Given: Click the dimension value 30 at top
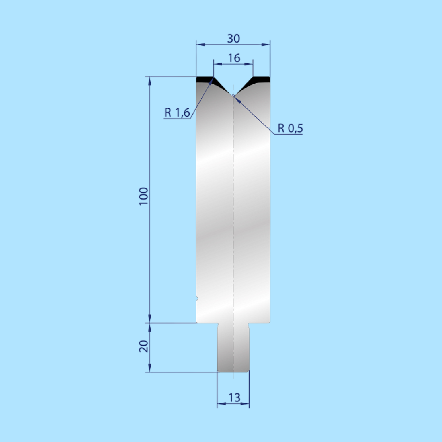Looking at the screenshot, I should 233,39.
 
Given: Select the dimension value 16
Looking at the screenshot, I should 234,58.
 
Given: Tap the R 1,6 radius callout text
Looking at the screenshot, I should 177,113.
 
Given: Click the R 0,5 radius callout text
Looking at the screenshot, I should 290,129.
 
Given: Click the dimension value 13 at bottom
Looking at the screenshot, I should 234,398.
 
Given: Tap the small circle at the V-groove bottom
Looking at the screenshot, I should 233,96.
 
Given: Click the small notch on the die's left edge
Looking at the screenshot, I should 197,299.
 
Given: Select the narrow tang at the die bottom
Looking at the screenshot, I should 233,348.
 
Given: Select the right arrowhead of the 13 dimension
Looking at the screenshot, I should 246,403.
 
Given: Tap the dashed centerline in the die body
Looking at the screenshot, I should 233,201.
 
